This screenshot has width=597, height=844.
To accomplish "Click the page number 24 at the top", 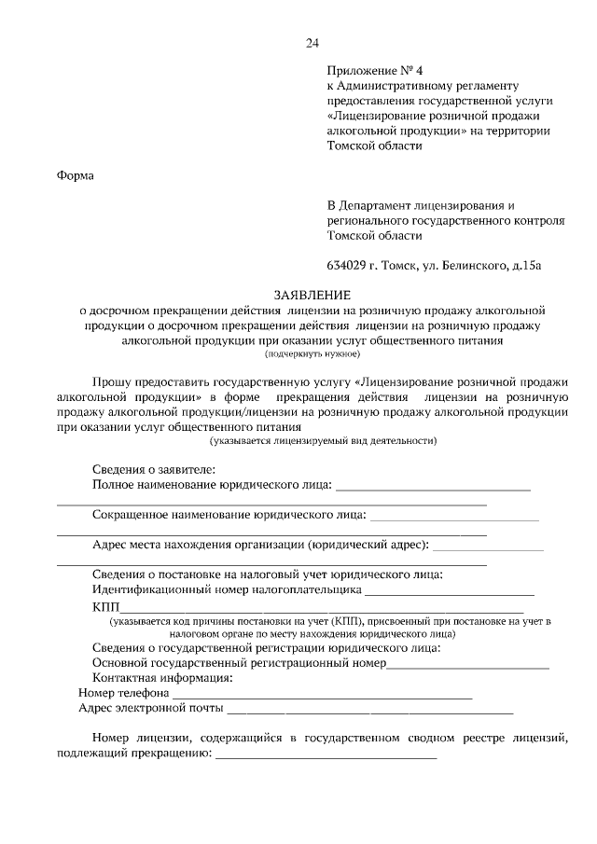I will point(312,43).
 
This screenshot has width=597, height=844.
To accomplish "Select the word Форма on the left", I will point(76,174).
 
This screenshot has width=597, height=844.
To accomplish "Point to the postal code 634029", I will point(346,265).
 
